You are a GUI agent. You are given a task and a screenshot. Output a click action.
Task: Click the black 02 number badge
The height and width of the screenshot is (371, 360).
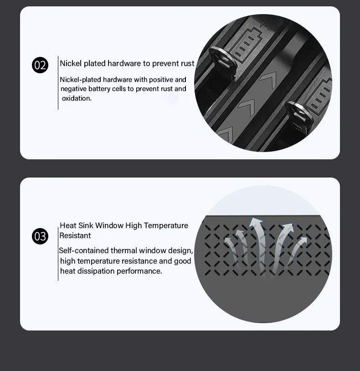point(40,65)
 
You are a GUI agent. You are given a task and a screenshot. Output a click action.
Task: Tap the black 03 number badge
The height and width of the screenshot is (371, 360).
point(40,236)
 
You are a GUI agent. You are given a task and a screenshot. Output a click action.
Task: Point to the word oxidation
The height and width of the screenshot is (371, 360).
point(77,98)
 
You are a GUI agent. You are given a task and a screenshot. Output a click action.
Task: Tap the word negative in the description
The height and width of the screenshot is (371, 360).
point(73,89)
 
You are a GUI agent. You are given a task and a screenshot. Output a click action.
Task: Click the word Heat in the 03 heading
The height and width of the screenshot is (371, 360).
point(68,225)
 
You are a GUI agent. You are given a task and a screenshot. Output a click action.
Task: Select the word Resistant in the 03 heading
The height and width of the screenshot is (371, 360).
point(75,236)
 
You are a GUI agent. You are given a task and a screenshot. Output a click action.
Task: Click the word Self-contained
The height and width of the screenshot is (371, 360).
point(83,250)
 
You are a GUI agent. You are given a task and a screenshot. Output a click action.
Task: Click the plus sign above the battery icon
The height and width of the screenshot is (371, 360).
point(262,24)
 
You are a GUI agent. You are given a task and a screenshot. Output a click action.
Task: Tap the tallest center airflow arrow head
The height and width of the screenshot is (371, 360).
point(256,223)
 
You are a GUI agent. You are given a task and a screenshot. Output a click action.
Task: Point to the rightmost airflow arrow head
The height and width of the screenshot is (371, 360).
point(303,240)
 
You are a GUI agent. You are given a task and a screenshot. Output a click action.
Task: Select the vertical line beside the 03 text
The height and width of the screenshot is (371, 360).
point(58,254)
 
